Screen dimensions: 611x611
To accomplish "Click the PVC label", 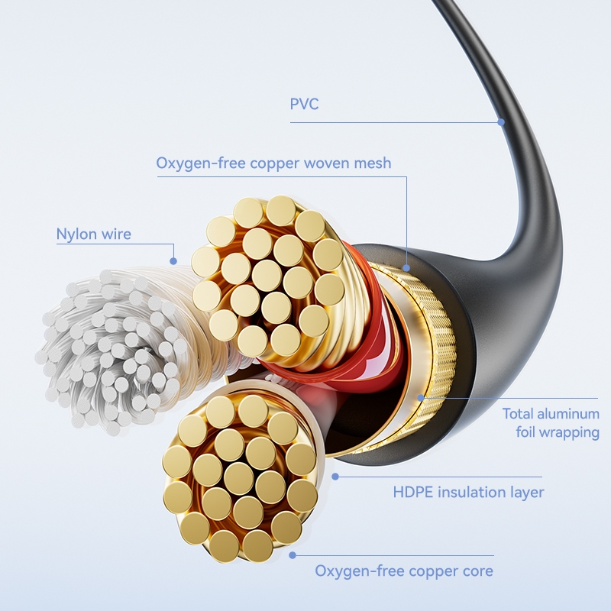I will (x=304, y=104).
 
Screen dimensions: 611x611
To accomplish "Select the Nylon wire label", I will (x=93, y=234).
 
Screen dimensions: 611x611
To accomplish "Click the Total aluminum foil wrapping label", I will (x=550, y=423).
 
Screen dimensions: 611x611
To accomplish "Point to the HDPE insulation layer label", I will (x=468, y=492).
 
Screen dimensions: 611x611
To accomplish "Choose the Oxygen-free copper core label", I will (x=404, y=571).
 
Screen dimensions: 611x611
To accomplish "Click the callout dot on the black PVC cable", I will (x=501, y=121).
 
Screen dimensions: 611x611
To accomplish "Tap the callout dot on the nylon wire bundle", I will (x=173, y=261).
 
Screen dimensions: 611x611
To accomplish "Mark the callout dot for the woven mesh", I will (x=406, y=267).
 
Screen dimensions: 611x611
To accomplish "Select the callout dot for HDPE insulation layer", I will (x=335, y=476).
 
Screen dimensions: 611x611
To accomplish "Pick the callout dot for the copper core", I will (x=291, y=555).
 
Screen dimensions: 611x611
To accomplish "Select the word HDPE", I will (x=413, y=492).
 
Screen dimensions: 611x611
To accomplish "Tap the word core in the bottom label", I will (x=476, y=571).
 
